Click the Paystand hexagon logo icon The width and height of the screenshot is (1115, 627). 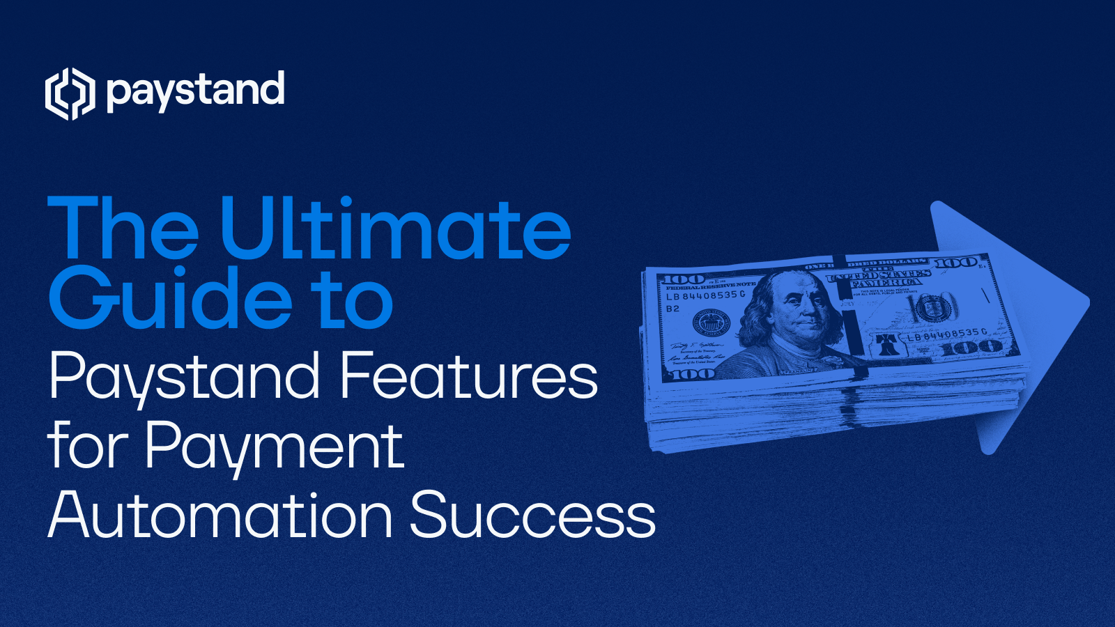click(70, 93)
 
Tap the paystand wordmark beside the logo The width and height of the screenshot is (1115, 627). click(196, 91)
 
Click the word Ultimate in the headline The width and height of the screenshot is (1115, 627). click(395, 229)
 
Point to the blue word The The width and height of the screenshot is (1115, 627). click(123, 229)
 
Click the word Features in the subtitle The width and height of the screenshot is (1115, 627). click(468, 376)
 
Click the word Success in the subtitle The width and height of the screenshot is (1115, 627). click(532, 516)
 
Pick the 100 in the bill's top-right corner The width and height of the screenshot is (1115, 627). click(956, 263)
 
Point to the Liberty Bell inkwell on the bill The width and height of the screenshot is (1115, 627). click(886, 343)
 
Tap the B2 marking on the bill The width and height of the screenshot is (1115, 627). click(672, 309)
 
